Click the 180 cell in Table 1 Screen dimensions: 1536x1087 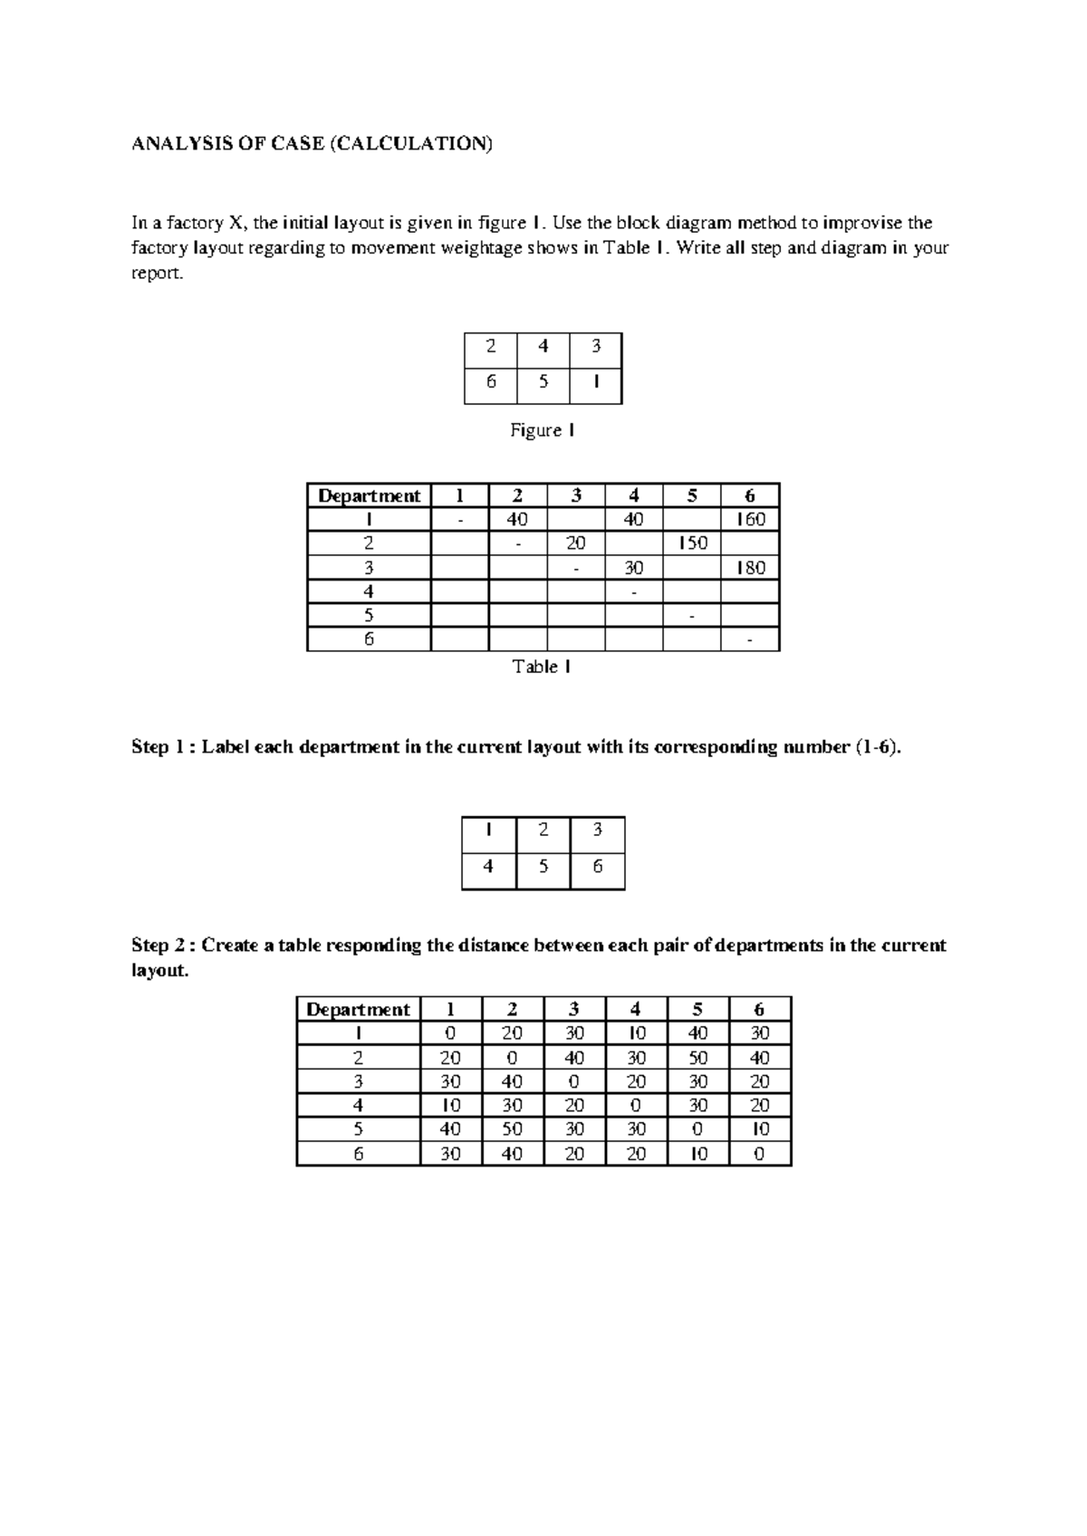[750, 568]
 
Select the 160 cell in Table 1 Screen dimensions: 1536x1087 [750, 519]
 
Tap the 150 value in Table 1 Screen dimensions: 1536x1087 [692, 543]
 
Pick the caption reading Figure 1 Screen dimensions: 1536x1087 [542, 430]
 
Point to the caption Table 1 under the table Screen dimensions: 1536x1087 [542, 667]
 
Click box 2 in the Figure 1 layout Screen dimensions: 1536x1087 [491, 346]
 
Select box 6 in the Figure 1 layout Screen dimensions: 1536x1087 [491, 381]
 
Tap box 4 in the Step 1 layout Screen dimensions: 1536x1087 [488, 867]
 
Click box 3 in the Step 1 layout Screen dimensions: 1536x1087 [597, 830]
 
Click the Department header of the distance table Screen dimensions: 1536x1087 [358, 1009]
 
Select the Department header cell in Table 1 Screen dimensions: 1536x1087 [369, 495]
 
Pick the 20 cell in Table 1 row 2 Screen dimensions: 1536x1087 [575, 543]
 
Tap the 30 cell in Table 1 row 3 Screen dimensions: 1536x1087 [633, 568]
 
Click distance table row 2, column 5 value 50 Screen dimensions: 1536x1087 [697, 1057]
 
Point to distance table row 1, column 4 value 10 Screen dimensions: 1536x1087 [636, 1033]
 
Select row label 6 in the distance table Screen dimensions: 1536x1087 [359, 1154]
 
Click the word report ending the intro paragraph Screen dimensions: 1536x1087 [157, 274]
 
